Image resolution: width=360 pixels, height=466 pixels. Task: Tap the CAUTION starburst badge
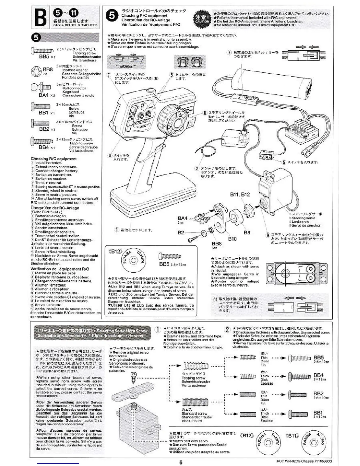coord(202,18)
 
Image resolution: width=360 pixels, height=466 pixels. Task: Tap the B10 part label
coord(232,239)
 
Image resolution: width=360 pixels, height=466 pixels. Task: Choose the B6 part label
coord(247,232)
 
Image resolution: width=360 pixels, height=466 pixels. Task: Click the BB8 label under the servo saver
coord(217,244)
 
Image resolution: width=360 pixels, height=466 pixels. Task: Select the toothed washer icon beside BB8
coord(36,72)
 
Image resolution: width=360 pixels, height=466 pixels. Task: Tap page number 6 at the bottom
coord(181,462)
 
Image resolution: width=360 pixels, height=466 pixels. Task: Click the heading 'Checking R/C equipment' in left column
coord(54,159)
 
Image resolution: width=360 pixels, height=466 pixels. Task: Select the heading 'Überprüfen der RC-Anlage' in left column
coord(55,208)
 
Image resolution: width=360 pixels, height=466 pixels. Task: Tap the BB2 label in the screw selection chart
coord(318,393)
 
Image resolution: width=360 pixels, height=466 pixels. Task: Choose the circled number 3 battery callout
coord(229,53)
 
